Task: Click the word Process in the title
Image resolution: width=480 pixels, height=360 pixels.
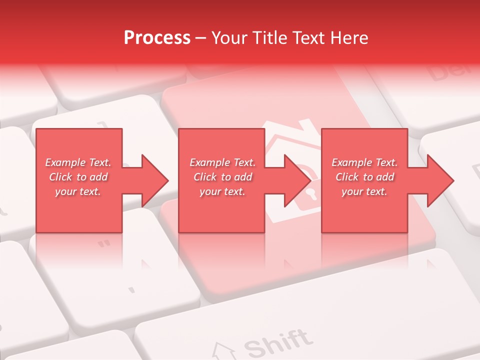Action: (157, 38)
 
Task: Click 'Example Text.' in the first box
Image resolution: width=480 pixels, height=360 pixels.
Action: (78, 162)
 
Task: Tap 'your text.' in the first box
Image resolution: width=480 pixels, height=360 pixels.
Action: (78, 191)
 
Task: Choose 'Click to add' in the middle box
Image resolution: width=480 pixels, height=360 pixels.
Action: (222, 177)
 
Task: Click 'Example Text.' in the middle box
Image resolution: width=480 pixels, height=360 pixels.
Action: (222, 162)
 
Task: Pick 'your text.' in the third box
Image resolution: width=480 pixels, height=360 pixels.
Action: (364, 191)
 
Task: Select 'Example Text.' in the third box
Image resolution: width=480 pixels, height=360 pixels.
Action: (364, 162)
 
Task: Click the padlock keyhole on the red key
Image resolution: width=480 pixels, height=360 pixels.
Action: (311, 193)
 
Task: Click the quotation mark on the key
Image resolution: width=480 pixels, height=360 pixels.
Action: (104, 243)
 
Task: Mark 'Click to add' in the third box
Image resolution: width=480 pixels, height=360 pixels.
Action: (364, 177)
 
